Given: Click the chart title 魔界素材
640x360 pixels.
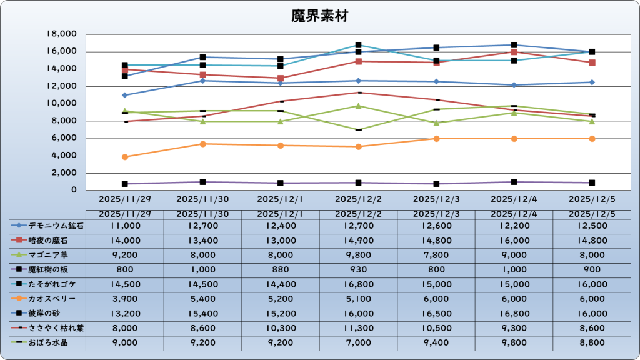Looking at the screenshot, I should click(x=319, y=16).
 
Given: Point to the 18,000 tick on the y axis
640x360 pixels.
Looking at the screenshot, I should click(x=62, y=34).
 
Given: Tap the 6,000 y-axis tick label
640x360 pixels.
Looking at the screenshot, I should click(x=64, y=138).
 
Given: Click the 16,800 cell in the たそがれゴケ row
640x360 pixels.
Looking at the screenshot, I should click(x=358, y=284).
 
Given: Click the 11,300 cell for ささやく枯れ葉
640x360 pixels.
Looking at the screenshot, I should click(x=358, y=328).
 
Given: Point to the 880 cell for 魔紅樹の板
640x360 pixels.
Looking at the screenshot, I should click(x=281, y=270).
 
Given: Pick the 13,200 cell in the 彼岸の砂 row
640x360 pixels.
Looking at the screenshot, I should click(x=124, y=314).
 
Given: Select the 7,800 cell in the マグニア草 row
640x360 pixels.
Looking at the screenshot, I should click(x=436, y=255).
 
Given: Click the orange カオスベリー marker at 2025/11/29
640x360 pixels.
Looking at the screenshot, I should click(x=125, y=157).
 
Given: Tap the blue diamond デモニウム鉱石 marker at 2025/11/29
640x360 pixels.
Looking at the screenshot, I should click(x=125, y=95).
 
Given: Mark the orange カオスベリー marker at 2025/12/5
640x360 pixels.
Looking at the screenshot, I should click(x=592, y=139).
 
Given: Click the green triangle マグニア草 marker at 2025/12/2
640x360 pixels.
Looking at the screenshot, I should click(x=359, y=106).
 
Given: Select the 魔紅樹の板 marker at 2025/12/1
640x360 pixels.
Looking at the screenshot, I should click(x=281, y=183).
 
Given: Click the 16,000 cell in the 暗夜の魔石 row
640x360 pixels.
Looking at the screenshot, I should click(x=514, y=241).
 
